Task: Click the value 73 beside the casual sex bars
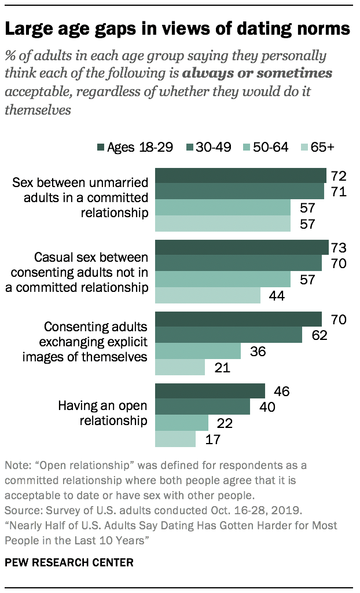tap(339, 248)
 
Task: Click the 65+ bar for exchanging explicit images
tap(180, 367)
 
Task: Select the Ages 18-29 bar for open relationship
tap(210, 391)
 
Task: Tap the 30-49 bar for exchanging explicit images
tap(229, 335)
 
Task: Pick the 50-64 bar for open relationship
tap(182, 423)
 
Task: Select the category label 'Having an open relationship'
tap(103, 413)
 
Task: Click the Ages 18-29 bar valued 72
tap(241, 175)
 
